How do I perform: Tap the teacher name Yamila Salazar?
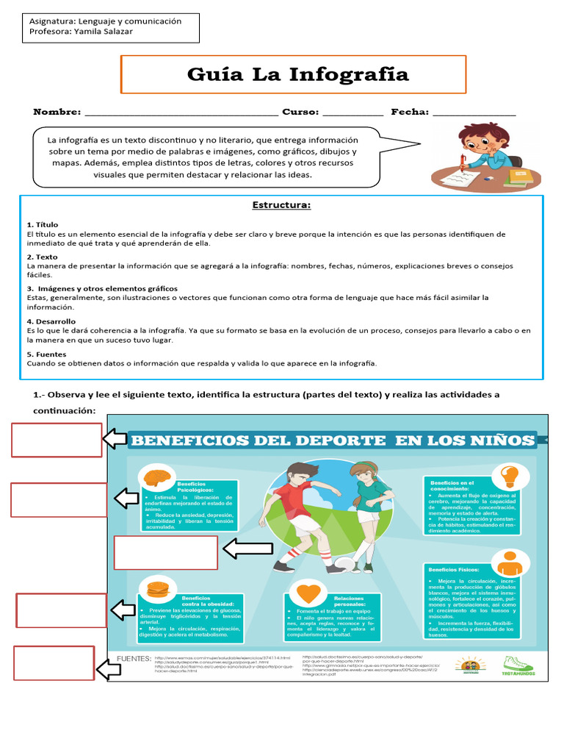pos(114,32)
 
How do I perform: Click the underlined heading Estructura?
pos(281,205)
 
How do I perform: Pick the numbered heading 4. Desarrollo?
pos(51,321)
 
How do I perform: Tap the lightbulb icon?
pos(510,477)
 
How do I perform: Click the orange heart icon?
pos(308,593)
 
